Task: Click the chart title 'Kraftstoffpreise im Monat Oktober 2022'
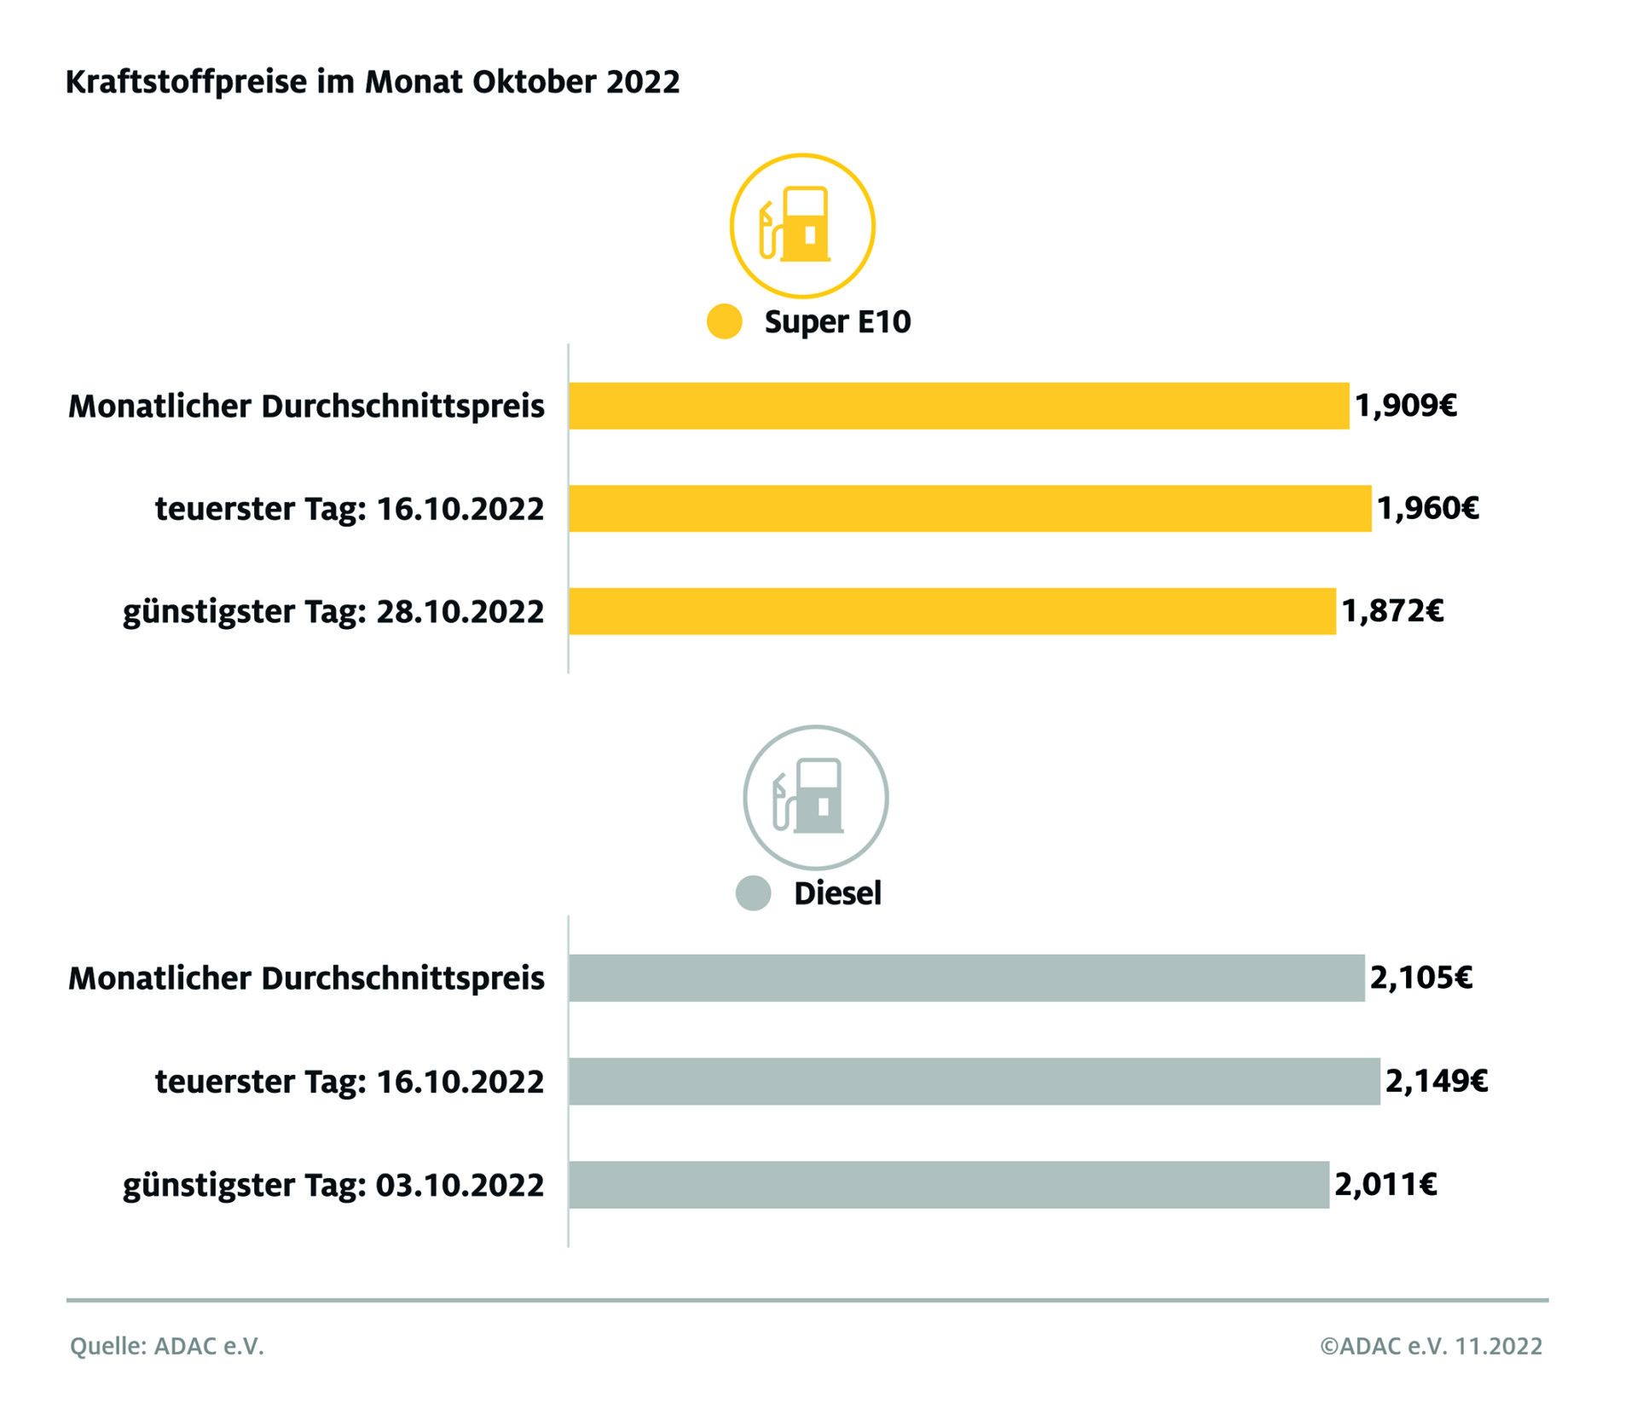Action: [373, 82]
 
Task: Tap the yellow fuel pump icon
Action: [801, 226]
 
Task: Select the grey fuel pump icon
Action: [815, 798]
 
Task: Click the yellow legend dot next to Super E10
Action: [725, 321]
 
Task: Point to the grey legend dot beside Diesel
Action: [753, 893]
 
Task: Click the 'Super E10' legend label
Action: [837, 321]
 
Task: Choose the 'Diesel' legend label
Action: [837, 893]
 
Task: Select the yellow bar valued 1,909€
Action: [958, 406]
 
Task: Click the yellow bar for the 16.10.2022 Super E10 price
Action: [969, 508]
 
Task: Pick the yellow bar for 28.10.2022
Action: [952, 611]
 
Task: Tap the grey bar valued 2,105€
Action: [966, 978]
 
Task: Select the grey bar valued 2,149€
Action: [974, 1081]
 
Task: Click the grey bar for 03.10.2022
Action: [948, 1184]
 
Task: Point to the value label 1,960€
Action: [1428, 508]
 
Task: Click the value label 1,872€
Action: [1392, 611]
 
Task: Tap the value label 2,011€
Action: [1385, 1184]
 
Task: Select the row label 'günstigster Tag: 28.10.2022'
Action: [333, 612]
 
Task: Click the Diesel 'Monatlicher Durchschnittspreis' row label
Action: [306, 979]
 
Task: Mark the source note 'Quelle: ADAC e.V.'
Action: [167, 1346]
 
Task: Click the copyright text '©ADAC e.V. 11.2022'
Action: [1431, 1346]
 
